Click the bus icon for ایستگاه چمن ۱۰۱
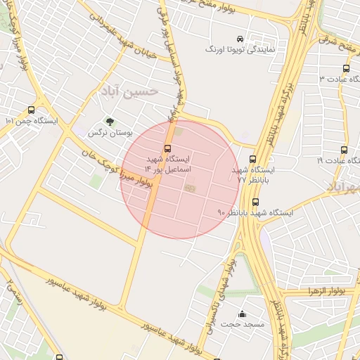tap(31, 110)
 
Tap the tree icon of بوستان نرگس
tap(109, 121)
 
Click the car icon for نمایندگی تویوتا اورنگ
tap(240, 39)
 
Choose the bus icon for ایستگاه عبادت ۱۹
tap(344, 150)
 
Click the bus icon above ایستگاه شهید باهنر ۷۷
tap(252, 160)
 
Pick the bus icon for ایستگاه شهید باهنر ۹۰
tap(255, 202)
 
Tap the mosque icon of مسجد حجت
tap(243, 314)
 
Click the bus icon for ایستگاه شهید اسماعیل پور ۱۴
tap(167, 148)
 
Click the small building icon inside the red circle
tap(189, 188)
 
